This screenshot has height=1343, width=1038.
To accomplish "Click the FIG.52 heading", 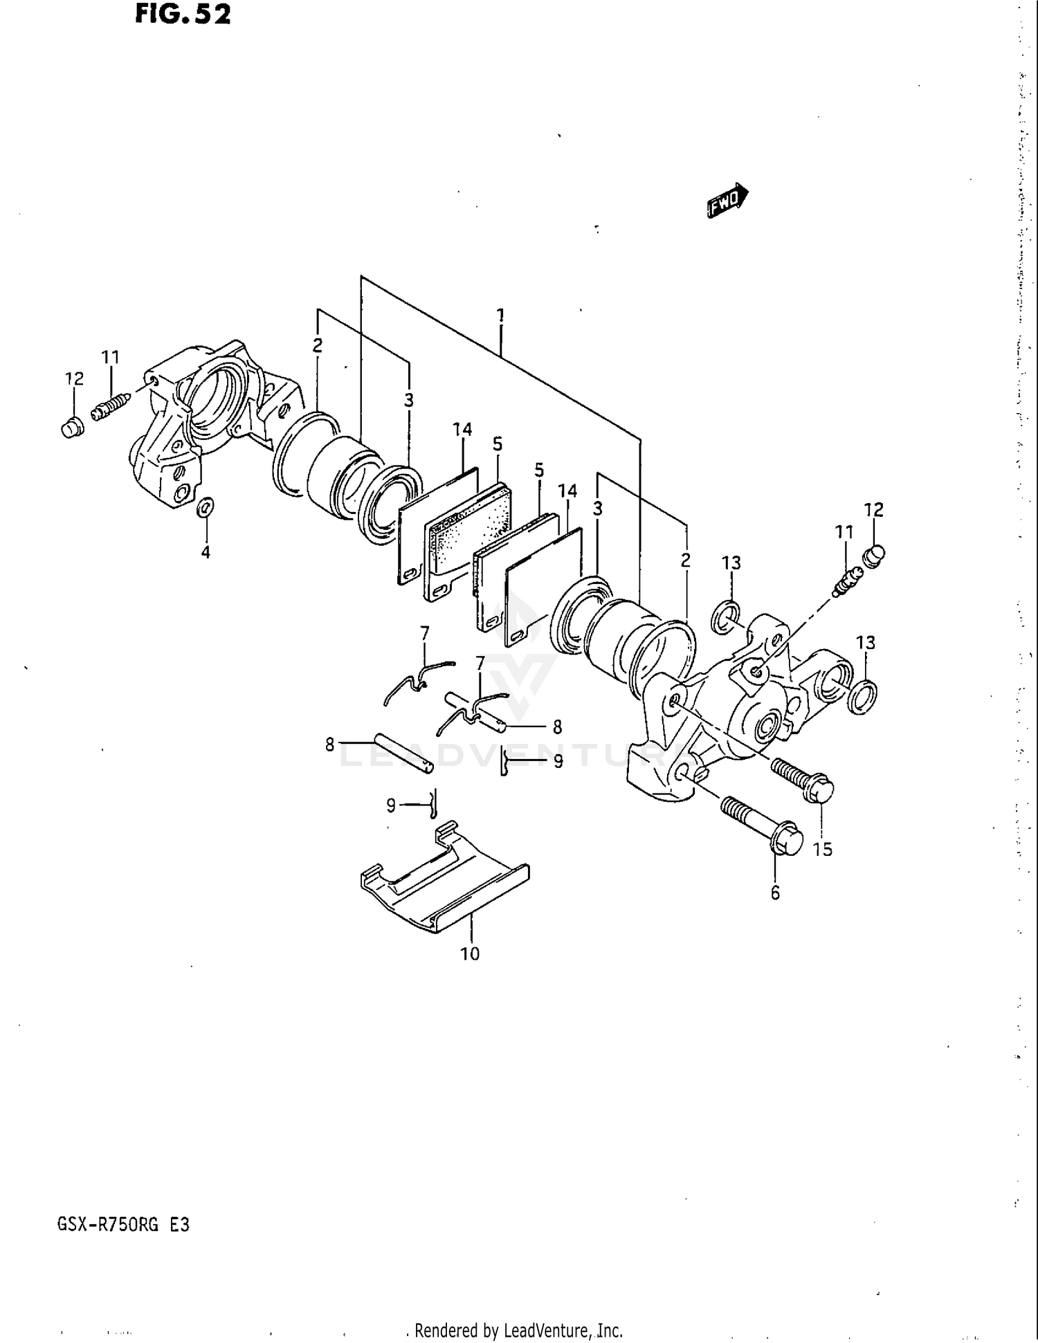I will coord(183,14).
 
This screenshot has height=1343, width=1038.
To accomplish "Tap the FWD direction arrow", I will coord(727,201).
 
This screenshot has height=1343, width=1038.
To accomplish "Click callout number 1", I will coord(500,316).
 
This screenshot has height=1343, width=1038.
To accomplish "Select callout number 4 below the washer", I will coord(206,552).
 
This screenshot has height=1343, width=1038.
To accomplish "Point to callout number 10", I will coord(470,954).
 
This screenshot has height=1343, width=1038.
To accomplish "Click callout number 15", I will coord(822,849).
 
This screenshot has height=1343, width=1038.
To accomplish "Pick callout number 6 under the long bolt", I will coord(775,893).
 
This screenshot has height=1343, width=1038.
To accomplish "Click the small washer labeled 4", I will coord(206,508).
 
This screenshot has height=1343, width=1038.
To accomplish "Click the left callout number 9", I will coord(391,805).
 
